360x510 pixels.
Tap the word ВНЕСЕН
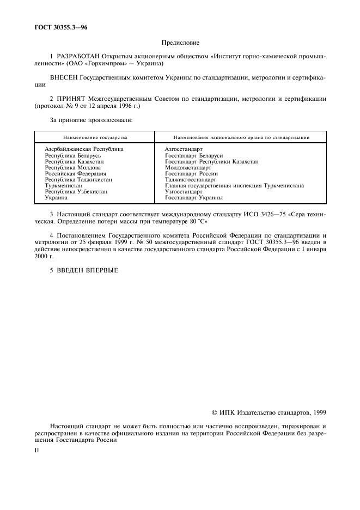pyautogui.click(x=63, y=78)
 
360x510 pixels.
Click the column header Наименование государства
pyautogui.click(x=95, y=138)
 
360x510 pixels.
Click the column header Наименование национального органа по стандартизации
pyautogui.click(x=241, y=138)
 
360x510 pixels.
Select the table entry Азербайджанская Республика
pyautogui.click(x=84, y=149)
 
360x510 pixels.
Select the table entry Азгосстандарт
pyautogui.click(x=184, y=149)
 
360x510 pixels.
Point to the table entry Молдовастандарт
pyautogui.click(x=188, y=167)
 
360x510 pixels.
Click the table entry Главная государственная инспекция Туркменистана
pyautogui.click(x=234, y=186)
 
